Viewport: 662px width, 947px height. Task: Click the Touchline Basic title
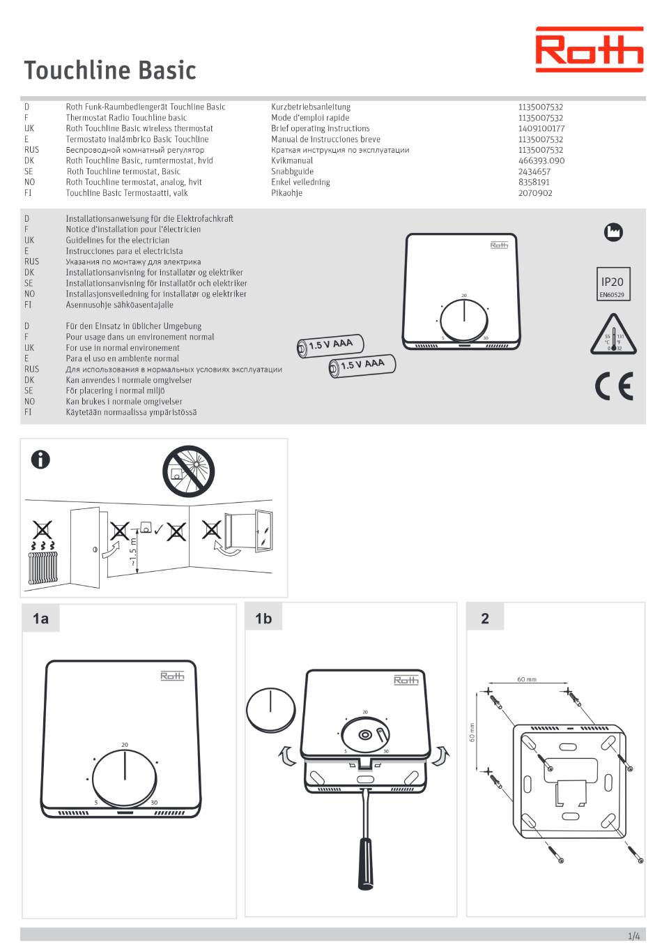[x=110, y=70]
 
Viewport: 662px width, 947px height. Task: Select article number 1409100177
[x=541, y=128]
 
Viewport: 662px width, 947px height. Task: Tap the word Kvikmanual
[x=292, y=160]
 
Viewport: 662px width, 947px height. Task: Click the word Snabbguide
[x=293, y=172]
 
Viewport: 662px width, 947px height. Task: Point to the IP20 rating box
[x=613, y=284]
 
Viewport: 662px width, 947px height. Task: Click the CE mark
[x=614, y=386]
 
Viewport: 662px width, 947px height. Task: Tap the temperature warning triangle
[x=613, y=334]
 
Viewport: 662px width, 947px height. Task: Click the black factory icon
[x=613, y=232]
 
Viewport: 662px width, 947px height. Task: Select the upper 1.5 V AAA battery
[x=330, y=346]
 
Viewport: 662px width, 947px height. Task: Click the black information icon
[x=40, y=460]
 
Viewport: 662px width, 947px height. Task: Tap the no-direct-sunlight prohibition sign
[x=188, y=471]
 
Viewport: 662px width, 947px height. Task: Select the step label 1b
[x=263, y=619]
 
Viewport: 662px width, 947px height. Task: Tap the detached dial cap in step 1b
[x=271, y=711]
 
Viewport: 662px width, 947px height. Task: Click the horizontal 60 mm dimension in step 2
[x=527, y=679]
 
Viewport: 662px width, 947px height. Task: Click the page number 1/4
[x=633, y=937]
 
